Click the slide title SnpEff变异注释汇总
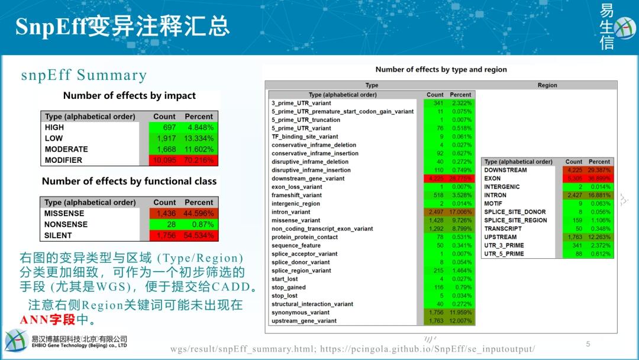pos(122,27)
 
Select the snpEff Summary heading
pos(83,75)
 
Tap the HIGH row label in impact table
pos(54,127)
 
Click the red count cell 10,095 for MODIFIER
pos(164,160)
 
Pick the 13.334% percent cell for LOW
pos(198,139)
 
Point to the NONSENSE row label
pos(66,224)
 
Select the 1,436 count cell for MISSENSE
pos(164,213)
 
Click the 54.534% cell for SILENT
pos(198,236)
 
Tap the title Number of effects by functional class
pos(129,181)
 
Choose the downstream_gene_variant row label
pos(308,178)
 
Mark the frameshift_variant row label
pos(296,195)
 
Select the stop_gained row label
pos(289,287)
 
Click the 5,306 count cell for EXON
pos(573,178)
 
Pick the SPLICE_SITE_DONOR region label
pos(515,212)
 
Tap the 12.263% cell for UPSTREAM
pos(599,237)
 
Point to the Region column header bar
pos(547,85)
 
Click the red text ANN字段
pos(47,320)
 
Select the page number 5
pos(588,344)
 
